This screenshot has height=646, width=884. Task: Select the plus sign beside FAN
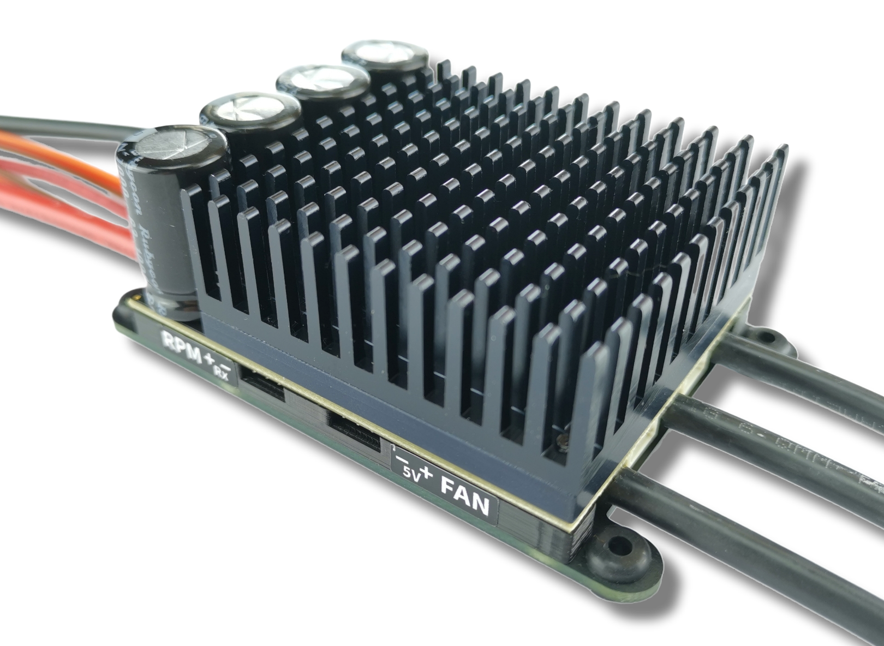tap(427, 474)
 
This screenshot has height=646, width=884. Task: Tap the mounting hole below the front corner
tap(616, 543)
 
